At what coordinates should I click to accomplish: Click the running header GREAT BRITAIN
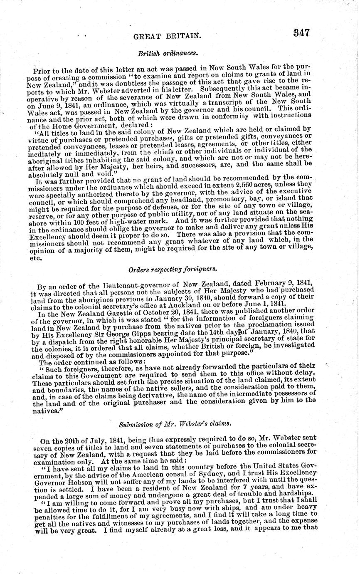(165, 37)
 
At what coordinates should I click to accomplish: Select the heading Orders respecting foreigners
(162, 269)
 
